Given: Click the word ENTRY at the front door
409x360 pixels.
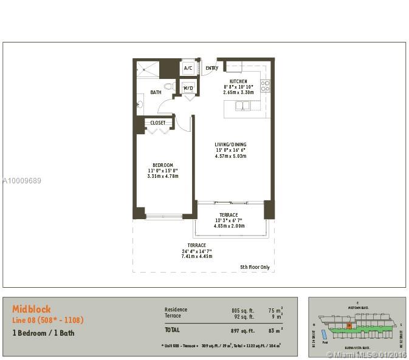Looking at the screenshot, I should click(x=211, y=68).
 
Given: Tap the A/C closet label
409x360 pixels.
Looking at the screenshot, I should click(x=188, y=68).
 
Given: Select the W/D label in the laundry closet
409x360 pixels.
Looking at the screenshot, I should click(x=188, y=89).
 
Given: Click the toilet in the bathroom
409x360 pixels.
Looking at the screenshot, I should click(x=169, y=87).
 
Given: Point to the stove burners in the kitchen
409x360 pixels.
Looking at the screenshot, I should click(x=265, y=86).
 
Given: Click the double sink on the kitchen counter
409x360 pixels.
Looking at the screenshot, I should click(x=242, y=106).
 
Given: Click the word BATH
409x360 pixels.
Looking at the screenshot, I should click(x=156, y=93).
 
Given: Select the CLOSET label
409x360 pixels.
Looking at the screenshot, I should click(x=158, y=123).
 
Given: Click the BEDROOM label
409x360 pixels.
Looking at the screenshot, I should click(x=163, y=165).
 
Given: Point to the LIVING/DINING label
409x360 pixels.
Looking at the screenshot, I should click(x=230, y=144).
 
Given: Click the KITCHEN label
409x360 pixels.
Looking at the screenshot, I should click(x=238, y=81).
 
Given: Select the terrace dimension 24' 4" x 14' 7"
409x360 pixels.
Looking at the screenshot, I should click(x=196, y=251).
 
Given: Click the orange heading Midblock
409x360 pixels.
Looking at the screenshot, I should click(x=32, y=309).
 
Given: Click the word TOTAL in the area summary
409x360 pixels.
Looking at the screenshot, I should click(x=172, y=330).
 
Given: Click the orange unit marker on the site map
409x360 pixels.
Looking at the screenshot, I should click(x=349, y=326).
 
